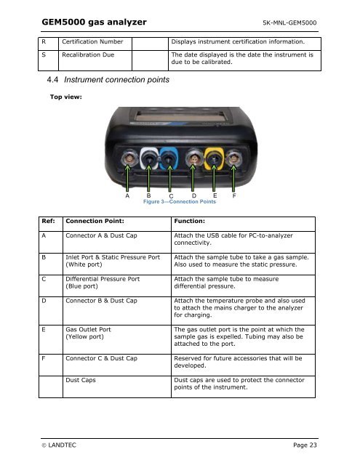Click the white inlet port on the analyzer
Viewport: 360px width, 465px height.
(x=149, y=158)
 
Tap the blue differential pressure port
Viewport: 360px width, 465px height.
(x=169, y=159)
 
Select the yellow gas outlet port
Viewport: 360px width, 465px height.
(x=214, y=158)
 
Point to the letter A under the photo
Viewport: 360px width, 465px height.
(x=127, y=195)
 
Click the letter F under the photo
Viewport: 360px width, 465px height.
(x=234, y=195)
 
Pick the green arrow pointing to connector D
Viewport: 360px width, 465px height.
(x=193, y=178)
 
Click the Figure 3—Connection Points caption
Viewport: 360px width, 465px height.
(x=180, y=202)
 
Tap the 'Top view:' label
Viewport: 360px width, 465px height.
(x=66, y=97)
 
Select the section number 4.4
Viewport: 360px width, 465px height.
(x=52, y=79)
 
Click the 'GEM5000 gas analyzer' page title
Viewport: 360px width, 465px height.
(x=94, y=22)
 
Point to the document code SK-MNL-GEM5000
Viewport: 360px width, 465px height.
(x=289, y=23)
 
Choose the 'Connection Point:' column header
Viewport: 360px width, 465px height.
(x=95, y=221)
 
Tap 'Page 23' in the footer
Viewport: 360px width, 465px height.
(x=305, y=445)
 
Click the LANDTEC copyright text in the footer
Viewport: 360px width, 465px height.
(x=59, y=445)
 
